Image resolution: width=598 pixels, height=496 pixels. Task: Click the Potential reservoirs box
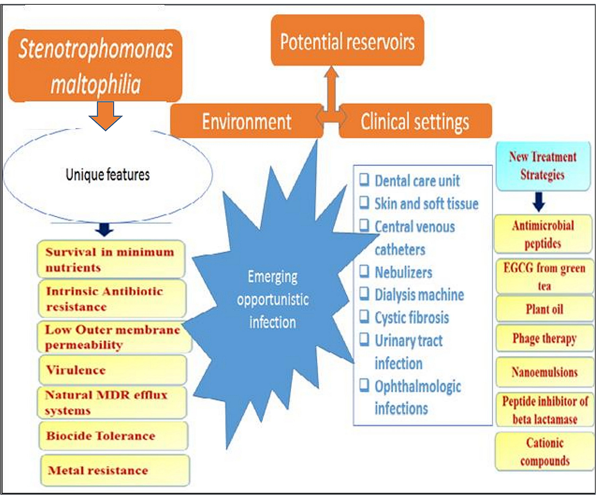tap(347, 41)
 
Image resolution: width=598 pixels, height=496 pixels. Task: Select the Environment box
tap(246, 121)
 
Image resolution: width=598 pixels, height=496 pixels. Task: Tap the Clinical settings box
tap(415, 121)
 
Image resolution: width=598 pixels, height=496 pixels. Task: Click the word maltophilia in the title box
tap(96, 84)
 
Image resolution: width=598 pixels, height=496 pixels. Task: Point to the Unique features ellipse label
tap(107, 175)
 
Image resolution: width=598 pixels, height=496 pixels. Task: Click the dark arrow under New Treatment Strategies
tap(539, 202)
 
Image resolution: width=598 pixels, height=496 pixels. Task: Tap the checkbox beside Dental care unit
tap(364, 180)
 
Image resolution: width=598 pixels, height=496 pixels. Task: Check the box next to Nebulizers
tap(364, 271)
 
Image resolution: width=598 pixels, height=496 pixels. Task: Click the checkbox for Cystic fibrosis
tap(364, 317)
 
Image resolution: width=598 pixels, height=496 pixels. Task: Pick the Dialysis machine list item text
tap(419, 295)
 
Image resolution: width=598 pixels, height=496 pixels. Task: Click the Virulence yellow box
tap(113, 370)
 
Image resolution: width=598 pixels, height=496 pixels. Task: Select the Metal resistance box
tap(115, 470)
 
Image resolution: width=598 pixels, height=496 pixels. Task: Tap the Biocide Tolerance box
tap(113, 436)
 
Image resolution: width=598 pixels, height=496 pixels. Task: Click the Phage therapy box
tap(544, 338)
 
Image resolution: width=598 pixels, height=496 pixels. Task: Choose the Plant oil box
tap(544, 309)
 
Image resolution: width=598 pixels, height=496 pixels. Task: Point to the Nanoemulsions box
tap(544, 372)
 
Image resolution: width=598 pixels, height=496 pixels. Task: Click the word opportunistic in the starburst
tap(273, 300)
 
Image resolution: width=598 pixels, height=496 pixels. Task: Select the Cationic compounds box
tap(545, 451)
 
